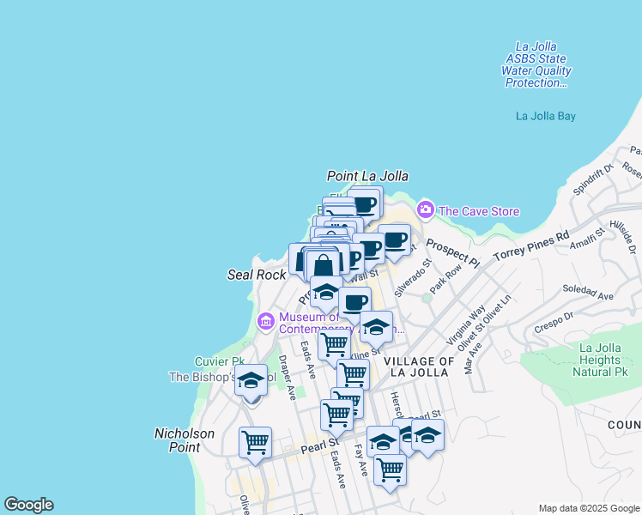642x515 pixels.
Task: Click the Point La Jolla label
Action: pyautogui.click(x=367, y=176)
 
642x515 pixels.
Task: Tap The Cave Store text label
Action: pyautogui.click(x=479, y=211)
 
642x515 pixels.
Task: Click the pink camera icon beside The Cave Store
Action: pyautogui.click(x=426, y=210)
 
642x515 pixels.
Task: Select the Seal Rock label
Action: pyautogui.click(x=256, y=275)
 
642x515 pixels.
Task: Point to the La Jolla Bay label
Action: pyautogui.click(x=545, y=116)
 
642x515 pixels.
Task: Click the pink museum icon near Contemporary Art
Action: pyautogui.click(x=265, y=322)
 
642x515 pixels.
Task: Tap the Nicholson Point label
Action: pyautogui.click(x=184, y=440)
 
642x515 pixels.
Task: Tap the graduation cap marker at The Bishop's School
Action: pyautogui.click(x=251, y=381)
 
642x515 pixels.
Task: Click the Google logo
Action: pyautogui.click(x=28, y=505)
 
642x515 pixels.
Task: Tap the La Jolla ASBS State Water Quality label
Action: pyautogui.click(x=536, y=64)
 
